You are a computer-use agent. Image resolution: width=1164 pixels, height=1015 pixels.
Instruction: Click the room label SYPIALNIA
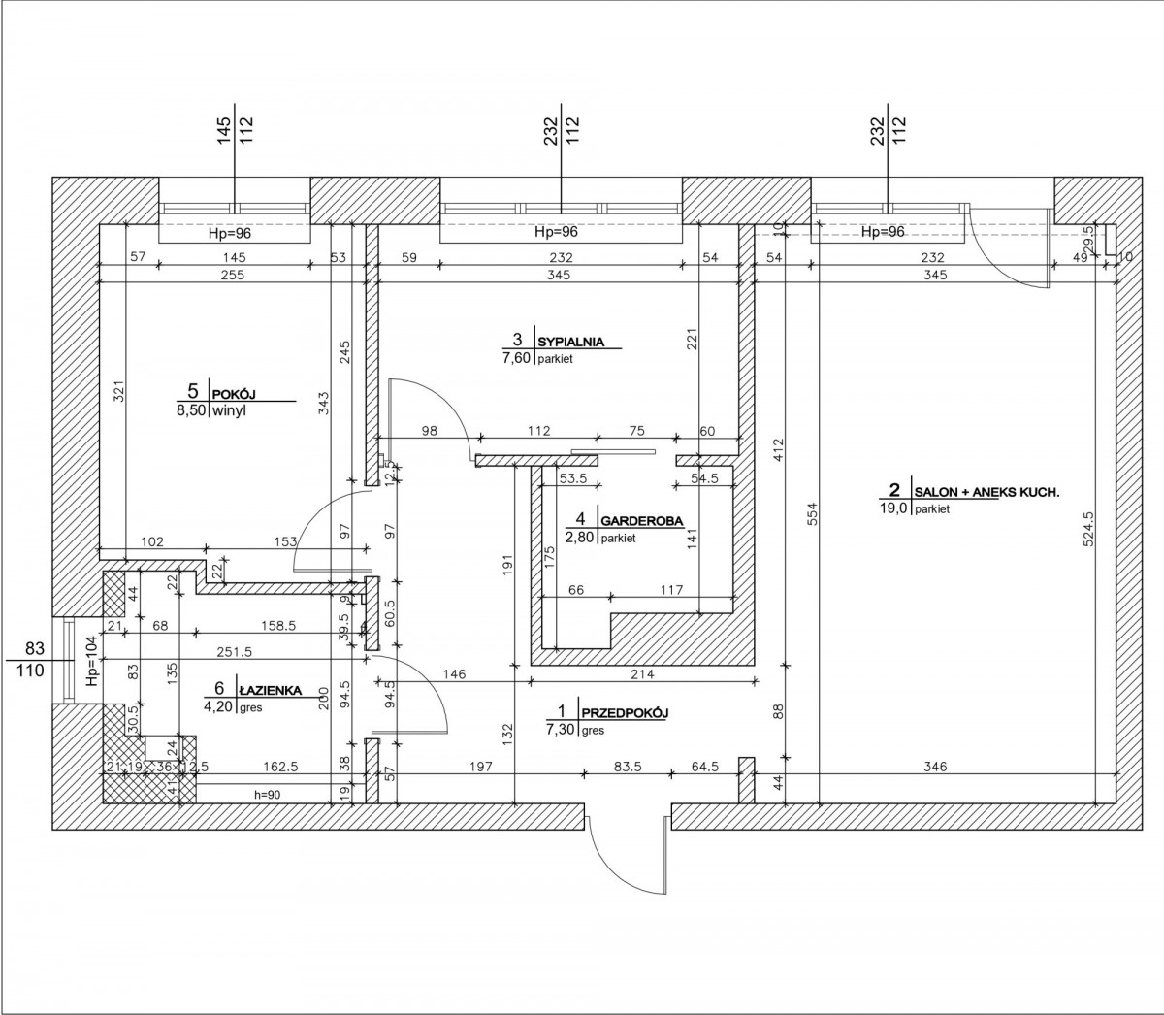(x=570, y=342)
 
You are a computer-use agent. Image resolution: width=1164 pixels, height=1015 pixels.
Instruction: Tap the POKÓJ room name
(x=234, y=394)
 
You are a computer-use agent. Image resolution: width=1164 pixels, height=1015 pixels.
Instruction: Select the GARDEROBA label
(x=642, y=520)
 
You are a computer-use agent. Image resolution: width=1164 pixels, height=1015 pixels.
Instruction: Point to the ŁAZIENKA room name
(x=270, y=691)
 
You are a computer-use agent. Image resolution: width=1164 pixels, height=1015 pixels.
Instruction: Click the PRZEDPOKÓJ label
(x=624, y=712)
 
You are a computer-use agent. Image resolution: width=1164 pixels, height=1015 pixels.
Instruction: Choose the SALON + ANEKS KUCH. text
(x=986, y=493)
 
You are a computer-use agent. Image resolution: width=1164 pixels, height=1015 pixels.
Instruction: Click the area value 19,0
(x=894, y=508)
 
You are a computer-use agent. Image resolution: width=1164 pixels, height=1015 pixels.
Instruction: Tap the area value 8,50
(x=192, y=410)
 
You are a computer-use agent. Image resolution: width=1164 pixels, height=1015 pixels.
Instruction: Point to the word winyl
(x=229, y=410)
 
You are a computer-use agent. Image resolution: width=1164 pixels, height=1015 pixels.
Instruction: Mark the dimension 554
(x=813, y=512)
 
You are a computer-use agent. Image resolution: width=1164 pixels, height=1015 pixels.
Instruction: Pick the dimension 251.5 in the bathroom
(x=235, y=653)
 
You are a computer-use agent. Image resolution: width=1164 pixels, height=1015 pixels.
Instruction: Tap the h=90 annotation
(x=266, y=795)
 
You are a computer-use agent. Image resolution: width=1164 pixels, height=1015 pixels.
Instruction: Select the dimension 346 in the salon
(x=935, y=767)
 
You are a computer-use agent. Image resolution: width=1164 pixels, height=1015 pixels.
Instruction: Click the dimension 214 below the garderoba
(x=643, y=674)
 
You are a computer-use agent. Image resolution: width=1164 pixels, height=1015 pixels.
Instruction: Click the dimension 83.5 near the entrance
(x=628, y=767)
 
